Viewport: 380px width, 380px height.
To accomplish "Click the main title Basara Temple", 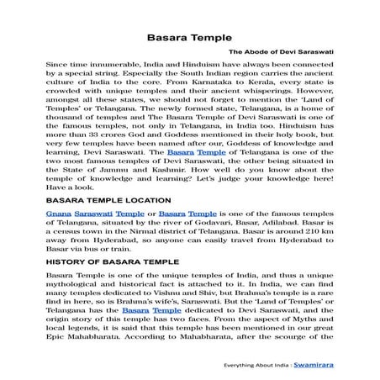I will tap(189, 39).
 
